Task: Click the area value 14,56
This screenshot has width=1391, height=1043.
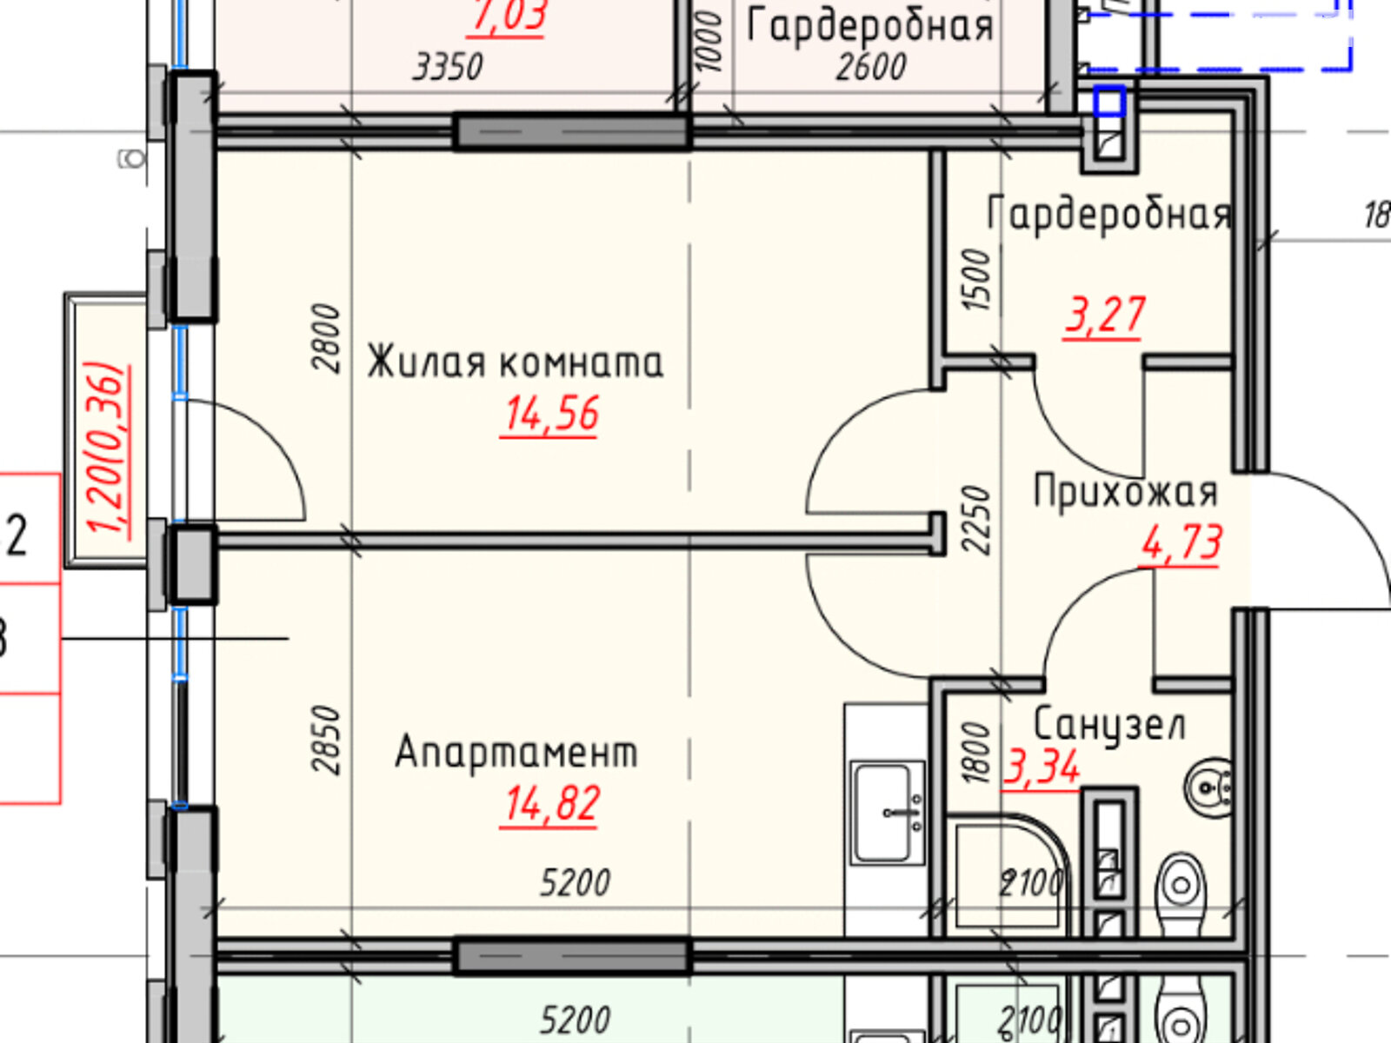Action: [551, 415]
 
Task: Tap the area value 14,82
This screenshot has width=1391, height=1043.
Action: [551, 804]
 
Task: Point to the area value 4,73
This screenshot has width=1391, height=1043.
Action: [1181, 543]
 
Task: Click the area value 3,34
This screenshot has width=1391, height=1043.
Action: [1042, 767]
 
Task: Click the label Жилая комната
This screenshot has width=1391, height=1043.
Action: [515, 362]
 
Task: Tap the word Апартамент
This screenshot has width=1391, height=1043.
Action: [516, 753]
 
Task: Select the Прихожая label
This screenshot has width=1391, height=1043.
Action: [1125, 492]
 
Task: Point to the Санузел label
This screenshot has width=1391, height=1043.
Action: [1108, 724]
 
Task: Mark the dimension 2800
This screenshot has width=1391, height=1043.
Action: [327, 338]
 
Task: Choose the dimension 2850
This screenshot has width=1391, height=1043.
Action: [327, 739]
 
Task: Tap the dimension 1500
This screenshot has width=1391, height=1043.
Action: [977, 280]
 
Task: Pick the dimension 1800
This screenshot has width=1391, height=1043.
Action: [977, 753]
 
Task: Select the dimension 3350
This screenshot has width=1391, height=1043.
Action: [448, 67]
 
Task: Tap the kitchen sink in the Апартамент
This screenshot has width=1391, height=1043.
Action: [888, 813]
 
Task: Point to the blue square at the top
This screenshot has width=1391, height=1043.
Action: [1109, 103]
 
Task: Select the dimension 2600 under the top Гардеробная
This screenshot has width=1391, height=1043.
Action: [871, 67]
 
